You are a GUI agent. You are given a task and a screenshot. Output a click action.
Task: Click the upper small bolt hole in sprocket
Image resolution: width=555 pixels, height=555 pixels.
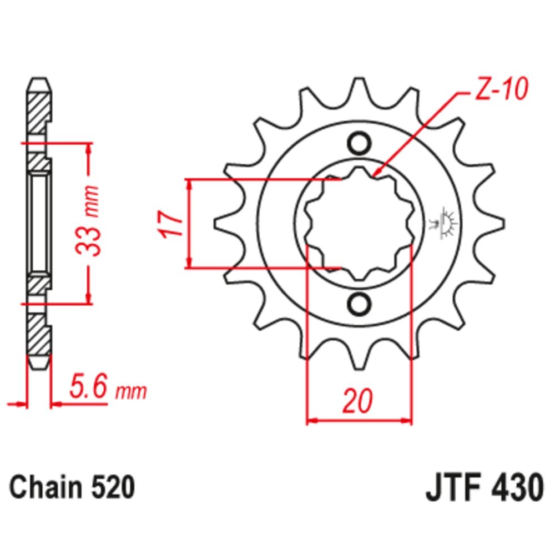[x=359, y=143]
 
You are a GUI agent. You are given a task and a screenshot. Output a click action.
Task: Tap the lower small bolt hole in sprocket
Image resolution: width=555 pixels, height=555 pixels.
[x=359, y=304]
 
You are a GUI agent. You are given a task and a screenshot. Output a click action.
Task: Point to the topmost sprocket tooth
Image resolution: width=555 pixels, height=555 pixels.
[x=359, y=89]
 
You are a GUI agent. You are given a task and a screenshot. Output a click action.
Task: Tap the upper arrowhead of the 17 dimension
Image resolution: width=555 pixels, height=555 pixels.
[x=190, y=183]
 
